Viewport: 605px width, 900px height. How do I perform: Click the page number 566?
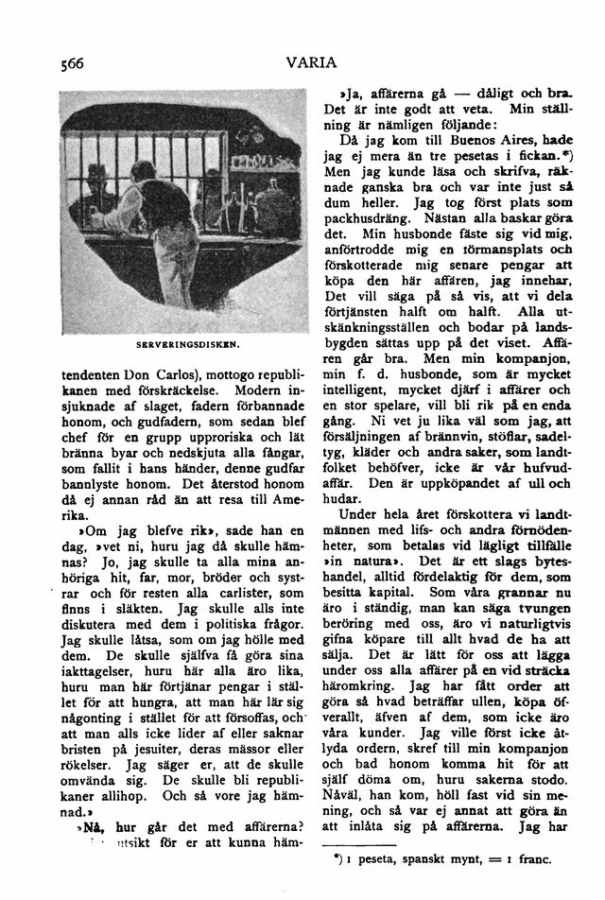tap(71, 63)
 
